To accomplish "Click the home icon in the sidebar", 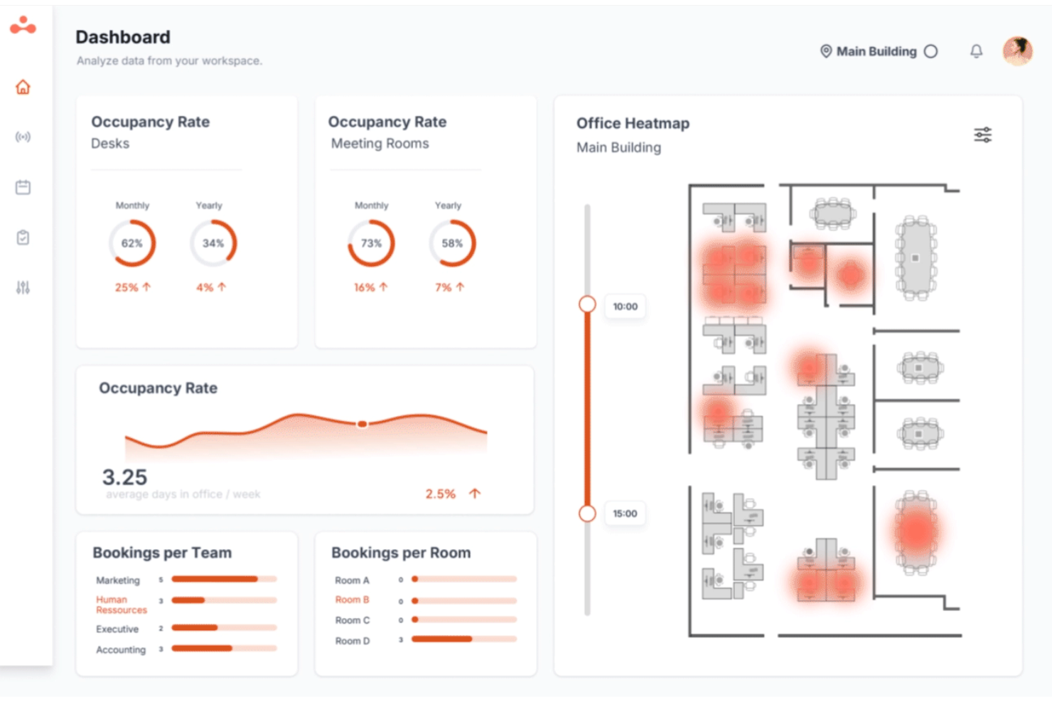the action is pos(23,87).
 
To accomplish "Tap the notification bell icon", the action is pos(977,50).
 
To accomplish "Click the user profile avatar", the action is pos(1017,50).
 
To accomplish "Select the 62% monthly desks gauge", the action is pos(132,243).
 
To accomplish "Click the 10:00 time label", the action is pos(625,307).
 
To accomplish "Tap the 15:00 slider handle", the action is pos(587,513).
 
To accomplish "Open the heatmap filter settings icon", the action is pos(982,135).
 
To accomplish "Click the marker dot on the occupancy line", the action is pos(362,424).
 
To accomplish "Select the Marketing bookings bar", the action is pos(224,579).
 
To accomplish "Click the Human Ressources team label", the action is pos(121,605).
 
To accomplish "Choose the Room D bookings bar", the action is pos(464,639).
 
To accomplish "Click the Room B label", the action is pos(352,600).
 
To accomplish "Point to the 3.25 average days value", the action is pos(125,477).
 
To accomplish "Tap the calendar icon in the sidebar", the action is pos(23,187).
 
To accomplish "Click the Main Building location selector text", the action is pos(876,51).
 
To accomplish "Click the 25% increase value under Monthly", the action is pos(127,287).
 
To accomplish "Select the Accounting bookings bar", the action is pos(224,649).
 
